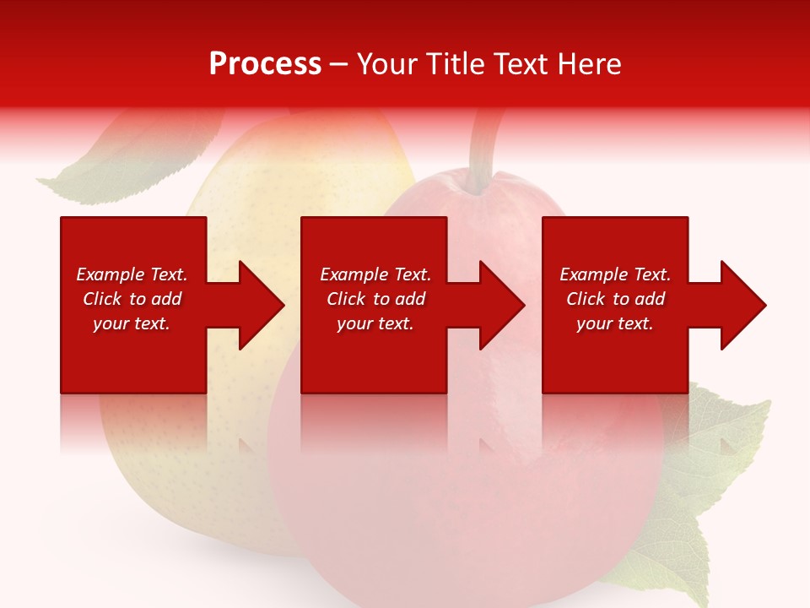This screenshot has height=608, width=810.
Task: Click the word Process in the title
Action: pos(265,64)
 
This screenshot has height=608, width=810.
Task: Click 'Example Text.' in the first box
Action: pos(132,274)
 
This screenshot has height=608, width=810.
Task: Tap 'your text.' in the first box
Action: pos(132,323)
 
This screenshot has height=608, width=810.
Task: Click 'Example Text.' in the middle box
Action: pos(375,274)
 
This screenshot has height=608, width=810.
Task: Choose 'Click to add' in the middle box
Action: pos(375,299)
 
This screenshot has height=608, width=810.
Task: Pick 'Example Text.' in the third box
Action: pos(615,274)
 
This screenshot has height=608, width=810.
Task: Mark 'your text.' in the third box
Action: pos(615,323)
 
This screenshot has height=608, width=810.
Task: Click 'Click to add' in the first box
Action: pos(132,299)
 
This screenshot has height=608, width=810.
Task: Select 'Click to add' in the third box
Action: pos(615,299)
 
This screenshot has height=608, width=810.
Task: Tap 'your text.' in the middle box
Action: pos(375,323)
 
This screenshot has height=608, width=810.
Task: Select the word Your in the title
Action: pos(384,64)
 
